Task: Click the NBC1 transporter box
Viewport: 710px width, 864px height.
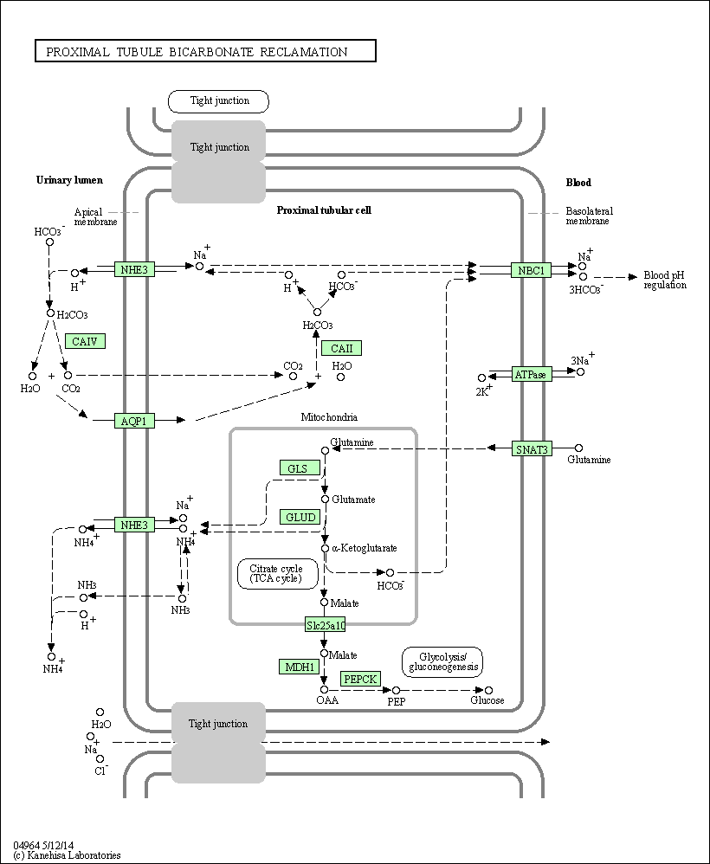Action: (531, 270)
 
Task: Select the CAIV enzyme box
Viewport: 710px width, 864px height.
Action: (85, 341)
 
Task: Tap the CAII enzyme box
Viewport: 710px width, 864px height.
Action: (341, 348)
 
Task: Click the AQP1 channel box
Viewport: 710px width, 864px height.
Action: (135, 421)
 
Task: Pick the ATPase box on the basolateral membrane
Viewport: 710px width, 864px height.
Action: (531, 374)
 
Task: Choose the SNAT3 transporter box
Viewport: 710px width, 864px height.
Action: (531, 448)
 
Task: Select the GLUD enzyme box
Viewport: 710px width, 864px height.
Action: (300, 517)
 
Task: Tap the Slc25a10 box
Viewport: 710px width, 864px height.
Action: (325, 624)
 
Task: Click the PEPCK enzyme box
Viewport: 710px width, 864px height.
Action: (360, 679)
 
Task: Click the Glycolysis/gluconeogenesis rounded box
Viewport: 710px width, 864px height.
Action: (442, 661)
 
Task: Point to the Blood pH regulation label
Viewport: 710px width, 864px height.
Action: (664, 280)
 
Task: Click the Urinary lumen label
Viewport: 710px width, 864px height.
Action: (69, 180)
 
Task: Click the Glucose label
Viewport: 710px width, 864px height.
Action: (487, 700)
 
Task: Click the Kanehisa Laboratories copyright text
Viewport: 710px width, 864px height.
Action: (67, 855)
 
